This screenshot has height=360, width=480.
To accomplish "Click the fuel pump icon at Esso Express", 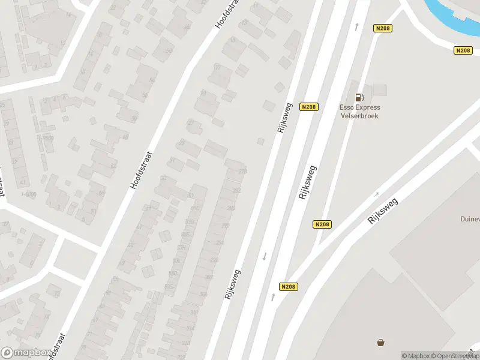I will (x=359, y=97).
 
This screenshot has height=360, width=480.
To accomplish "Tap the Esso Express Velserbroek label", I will (x=359, y=112).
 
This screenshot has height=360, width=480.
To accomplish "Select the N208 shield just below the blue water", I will (x=463, y=50).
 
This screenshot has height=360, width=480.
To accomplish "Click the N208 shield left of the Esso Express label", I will (x=308, y=107).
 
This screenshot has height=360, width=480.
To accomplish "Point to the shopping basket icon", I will (x=380, y=343).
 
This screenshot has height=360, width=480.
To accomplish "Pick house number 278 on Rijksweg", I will (x=242, y=172).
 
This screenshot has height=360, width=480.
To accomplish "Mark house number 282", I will (x=236, y=191).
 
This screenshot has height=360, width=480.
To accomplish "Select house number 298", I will (x=215, y=260).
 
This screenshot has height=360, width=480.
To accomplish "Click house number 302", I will (x=208, y=277).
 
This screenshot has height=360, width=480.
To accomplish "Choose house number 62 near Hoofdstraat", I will (x=113, y=166).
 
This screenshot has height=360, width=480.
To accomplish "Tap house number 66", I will (x=101, y=193).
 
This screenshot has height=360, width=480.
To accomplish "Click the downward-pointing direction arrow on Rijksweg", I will (x=264, y=256).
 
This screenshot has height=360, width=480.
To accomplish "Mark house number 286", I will (x=231, y=208).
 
